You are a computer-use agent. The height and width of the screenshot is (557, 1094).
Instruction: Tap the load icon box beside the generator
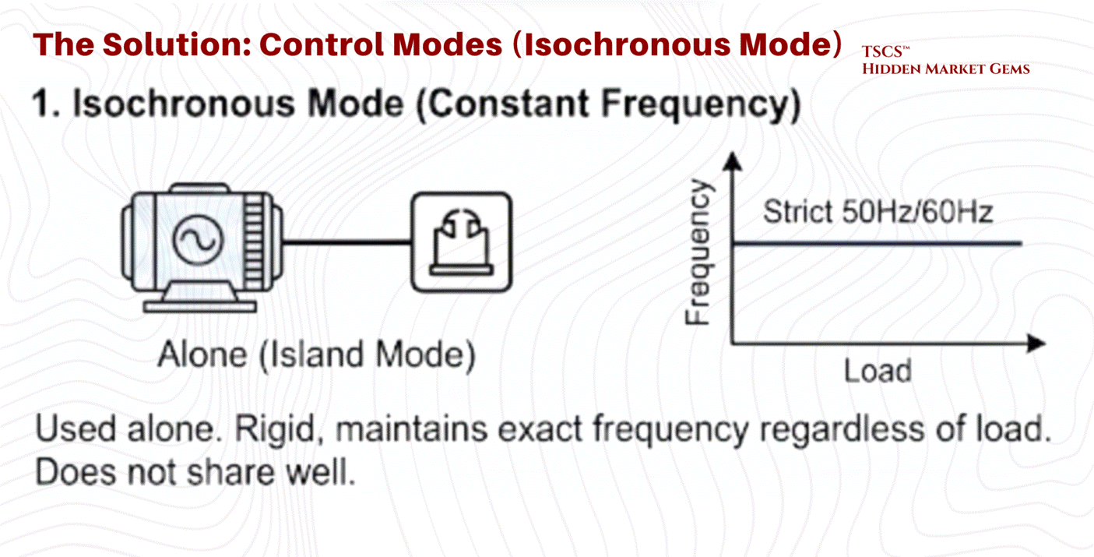462,242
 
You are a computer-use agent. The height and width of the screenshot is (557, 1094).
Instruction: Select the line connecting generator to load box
346,242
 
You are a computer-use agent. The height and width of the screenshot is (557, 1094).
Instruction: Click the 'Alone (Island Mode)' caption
316,355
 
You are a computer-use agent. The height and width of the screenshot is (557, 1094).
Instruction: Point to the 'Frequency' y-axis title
699,251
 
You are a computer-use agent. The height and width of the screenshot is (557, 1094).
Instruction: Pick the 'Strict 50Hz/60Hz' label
878,211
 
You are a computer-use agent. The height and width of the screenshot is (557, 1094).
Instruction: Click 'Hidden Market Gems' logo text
945,69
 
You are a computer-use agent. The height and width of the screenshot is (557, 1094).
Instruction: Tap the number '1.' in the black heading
47,106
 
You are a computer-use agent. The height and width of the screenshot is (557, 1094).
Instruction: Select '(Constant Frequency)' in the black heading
607,106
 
